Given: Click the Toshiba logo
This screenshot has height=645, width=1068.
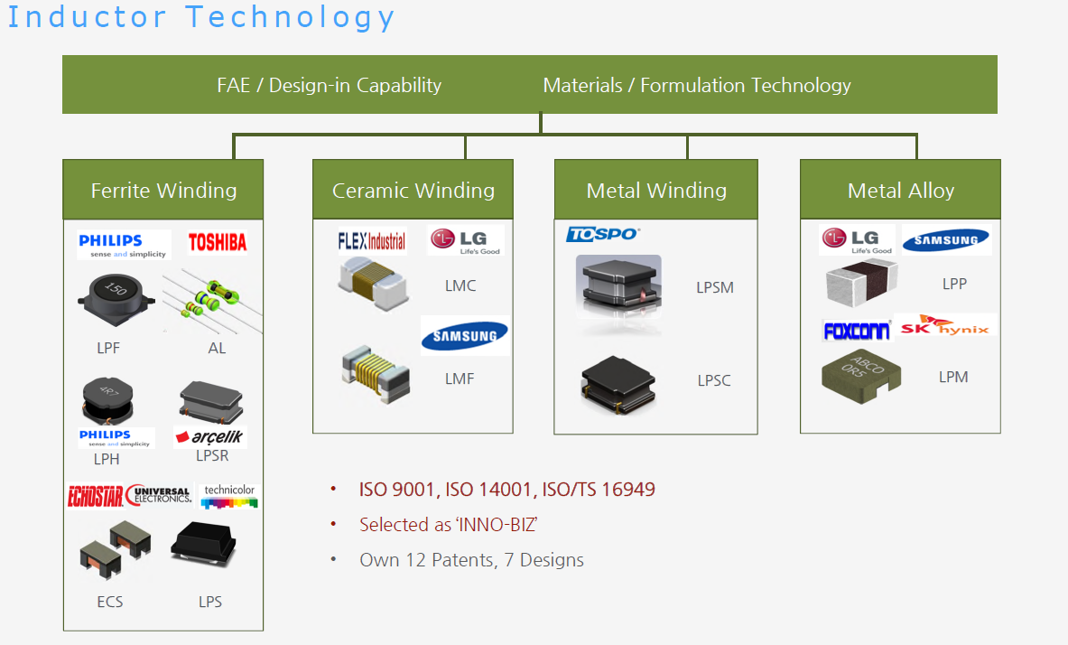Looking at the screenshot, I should [218, 242].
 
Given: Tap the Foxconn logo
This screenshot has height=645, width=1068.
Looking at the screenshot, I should [856, 331].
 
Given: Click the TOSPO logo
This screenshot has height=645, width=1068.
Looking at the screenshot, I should [602, 234].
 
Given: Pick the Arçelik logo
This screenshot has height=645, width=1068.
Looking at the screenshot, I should [209, 437].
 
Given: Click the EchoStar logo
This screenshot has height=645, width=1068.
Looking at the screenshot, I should [95, 495].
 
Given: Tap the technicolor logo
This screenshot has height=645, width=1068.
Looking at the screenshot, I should [228, 496].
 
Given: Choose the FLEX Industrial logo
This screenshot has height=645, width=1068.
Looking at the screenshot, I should [371, 241].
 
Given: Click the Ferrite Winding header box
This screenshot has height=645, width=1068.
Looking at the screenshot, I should [163, 190].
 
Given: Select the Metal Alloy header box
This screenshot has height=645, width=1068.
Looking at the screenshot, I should [900, 190].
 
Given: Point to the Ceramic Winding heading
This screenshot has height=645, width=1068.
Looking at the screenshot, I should [413, 190].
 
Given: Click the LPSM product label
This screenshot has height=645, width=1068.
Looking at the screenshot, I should [714, 287].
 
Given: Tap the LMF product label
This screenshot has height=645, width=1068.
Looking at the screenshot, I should [460, 379].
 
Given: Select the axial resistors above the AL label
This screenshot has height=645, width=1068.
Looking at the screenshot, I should [212, 298].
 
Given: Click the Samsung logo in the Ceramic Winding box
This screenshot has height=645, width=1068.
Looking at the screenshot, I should [465, 336].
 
